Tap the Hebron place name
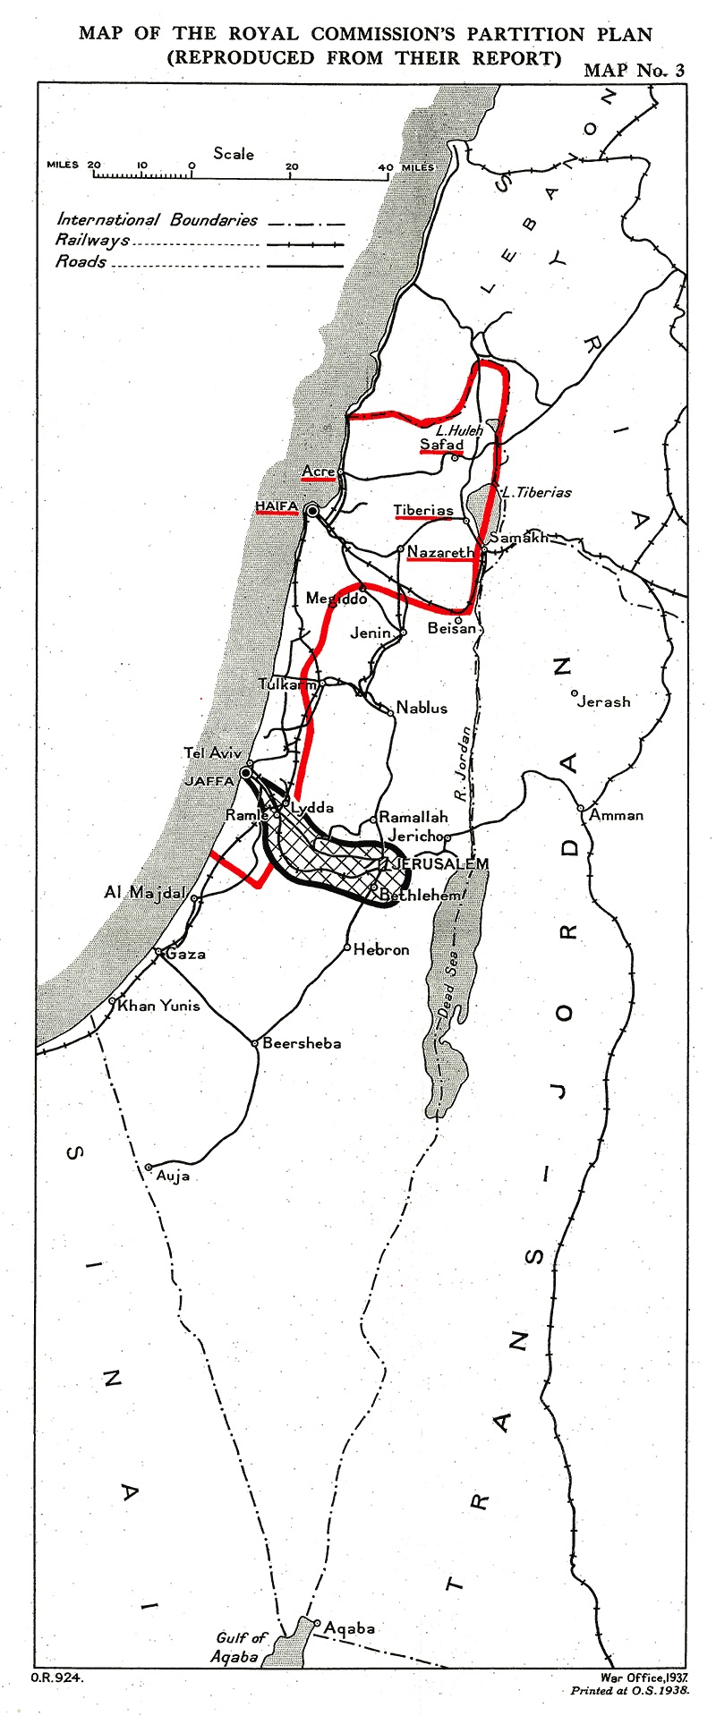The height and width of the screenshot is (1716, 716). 381,950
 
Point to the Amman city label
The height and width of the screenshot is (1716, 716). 617,815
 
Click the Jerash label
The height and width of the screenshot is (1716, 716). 604,702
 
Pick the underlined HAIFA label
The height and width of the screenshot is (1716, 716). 277,507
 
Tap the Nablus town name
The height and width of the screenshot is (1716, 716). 422,708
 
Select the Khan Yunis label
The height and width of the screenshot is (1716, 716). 159,1006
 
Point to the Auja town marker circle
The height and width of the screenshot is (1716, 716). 149,1168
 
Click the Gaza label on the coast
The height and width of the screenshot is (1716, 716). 186,954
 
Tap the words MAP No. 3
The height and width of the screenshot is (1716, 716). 634,71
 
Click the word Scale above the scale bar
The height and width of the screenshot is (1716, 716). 234,154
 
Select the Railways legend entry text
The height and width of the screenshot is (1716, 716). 92,241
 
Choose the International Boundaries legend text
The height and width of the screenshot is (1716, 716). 157,220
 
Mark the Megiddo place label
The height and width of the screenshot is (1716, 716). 331,599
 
